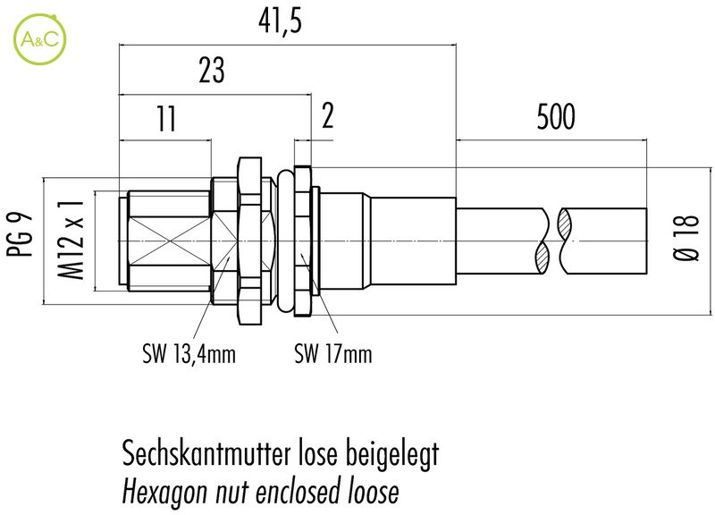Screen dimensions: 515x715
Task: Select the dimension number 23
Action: pos(211,72)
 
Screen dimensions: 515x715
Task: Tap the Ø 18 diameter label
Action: pos(687,238)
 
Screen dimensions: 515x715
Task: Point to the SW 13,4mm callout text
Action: pos(189,356)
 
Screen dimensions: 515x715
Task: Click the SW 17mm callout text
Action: pos(333,356)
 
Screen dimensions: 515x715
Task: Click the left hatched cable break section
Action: pos(543,240)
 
